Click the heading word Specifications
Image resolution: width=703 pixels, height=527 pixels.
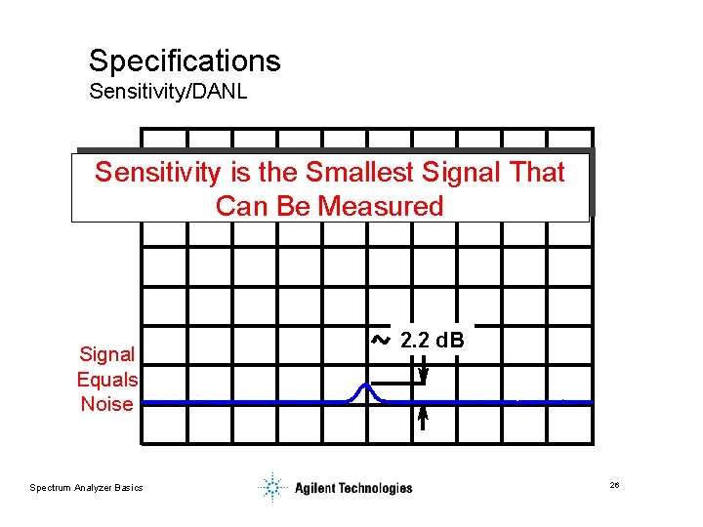tap(185, 61)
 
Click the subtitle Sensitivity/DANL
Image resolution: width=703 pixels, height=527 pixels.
tap(167, 93)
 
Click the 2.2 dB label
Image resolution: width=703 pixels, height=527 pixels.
tap(433, 341)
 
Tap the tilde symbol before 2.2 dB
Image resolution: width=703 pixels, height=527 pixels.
tap(381, 341)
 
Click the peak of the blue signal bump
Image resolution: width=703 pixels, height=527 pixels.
tap(366, 385)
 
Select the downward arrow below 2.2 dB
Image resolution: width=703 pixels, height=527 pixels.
tap(423, 374)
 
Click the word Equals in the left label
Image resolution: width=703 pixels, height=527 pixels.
tap(107, 379)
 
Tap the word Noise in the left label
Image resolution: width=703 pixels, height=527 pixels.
tap(107, 404)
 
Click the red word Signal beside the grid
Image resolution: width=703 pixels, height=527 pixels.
tap(107, 353)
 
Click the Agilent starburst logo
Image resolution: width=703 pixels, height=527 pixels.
tap(272, 486)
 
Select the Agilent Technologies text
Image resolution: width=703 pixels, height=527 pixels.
tap(353, 488)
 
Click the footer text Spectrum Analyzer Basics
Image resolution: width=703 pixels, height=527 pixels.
tap(86, 488)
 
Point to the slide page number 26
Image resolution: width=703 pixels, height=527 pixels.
tap(614, 486)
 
